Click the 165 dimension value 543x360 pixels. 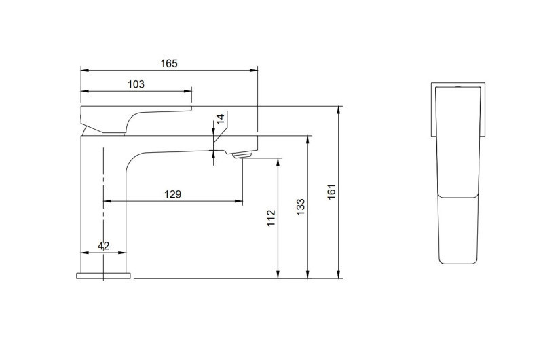pyautogui.click(x=169, y=63)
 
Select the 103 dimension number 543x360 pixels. pyautogui.click(x=136, y=84)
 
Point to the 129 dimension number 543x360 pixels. pyautogui.click(x=172, y=194)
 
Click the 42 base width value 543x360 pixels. pyautogui.click(x=104, y=246)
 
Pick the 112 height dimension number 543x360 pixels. pyautogui.click(x=271, y=217)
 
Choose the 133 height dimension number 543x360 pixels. pyautogui.click(x=301, y=207)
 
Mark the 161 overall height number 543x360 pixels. pyautogui.click(x=332, y=192)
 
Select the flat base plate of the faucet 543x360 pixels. pyautogui.click(x=104, y=276)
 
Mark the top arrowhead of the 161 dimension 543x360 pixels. pyautogui.click(x=339, y=109)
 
